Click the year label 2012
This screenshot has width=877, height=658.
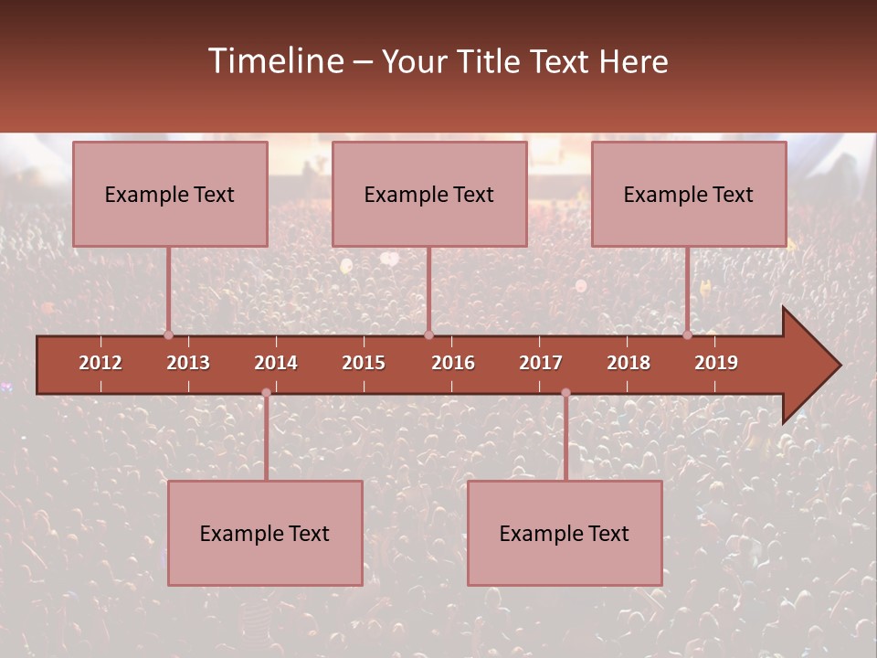click(x=100, y=363)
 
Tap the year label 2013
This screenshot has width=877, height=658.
click(x=188, y=363)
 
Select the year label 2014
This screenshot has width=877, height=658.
click(x=276, y=363)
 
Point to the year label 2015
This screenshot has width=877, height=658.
click(x=364, y=363)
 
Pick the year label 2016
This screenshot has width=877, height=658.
click(x=453, y=363)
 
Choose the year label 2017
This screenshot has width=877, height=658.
click(x=541, y=363)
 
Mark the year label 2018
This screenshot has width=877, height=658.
click(x=629, y=363)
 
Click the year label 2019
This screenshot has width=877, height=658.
click(x=716, y=363)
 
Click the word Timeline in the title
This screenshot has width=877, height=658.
click(x=275, y=61)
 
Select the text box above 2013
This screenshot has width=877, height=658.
click(x=170, y=194)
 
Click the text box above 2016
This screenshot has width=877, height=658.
click(x=429, y=194)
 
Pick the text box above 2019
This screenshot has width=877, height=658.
click(x=689, y=194)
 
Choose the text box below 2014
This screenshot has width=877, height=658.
click(x=265, y=533)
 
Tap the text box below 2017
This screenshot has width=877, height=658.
click(x=565, y=533)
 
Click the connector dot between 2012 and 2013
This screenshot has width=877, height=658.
click(x=168, y=334)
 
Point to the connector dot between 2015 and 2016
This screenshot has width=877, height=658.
click(x=428, y=334)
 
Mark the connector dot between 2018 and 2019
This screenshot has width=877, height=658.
click(x=688, y=334)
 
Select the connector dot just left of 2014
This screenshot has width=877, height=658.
click(x=266, y=393)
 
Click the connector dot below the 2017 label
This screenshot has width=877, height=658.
click(x=565, y=393)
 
